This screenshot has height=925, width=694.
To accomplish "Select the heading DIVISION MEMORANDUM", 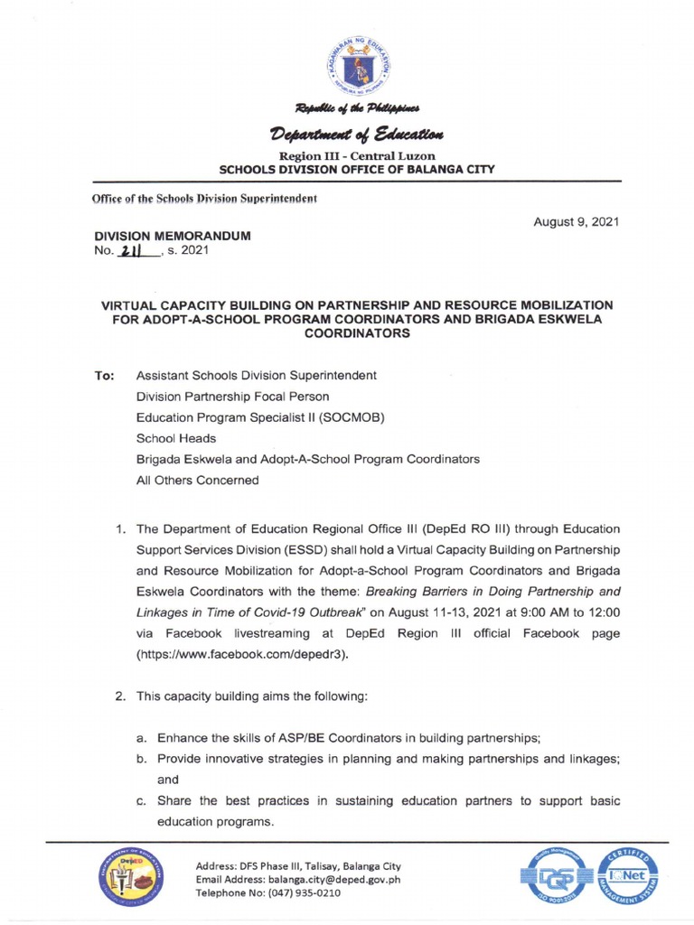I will [x=173, y=236].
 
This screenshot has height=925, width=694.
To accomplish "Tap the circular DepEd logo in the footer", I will [x=127, y=880].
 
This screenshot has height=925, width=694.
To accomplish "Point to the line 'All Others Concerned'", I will [x=197, y=481].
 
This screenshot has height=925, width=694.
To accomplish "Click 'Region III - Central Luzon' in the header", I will [x=347, y=156].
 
